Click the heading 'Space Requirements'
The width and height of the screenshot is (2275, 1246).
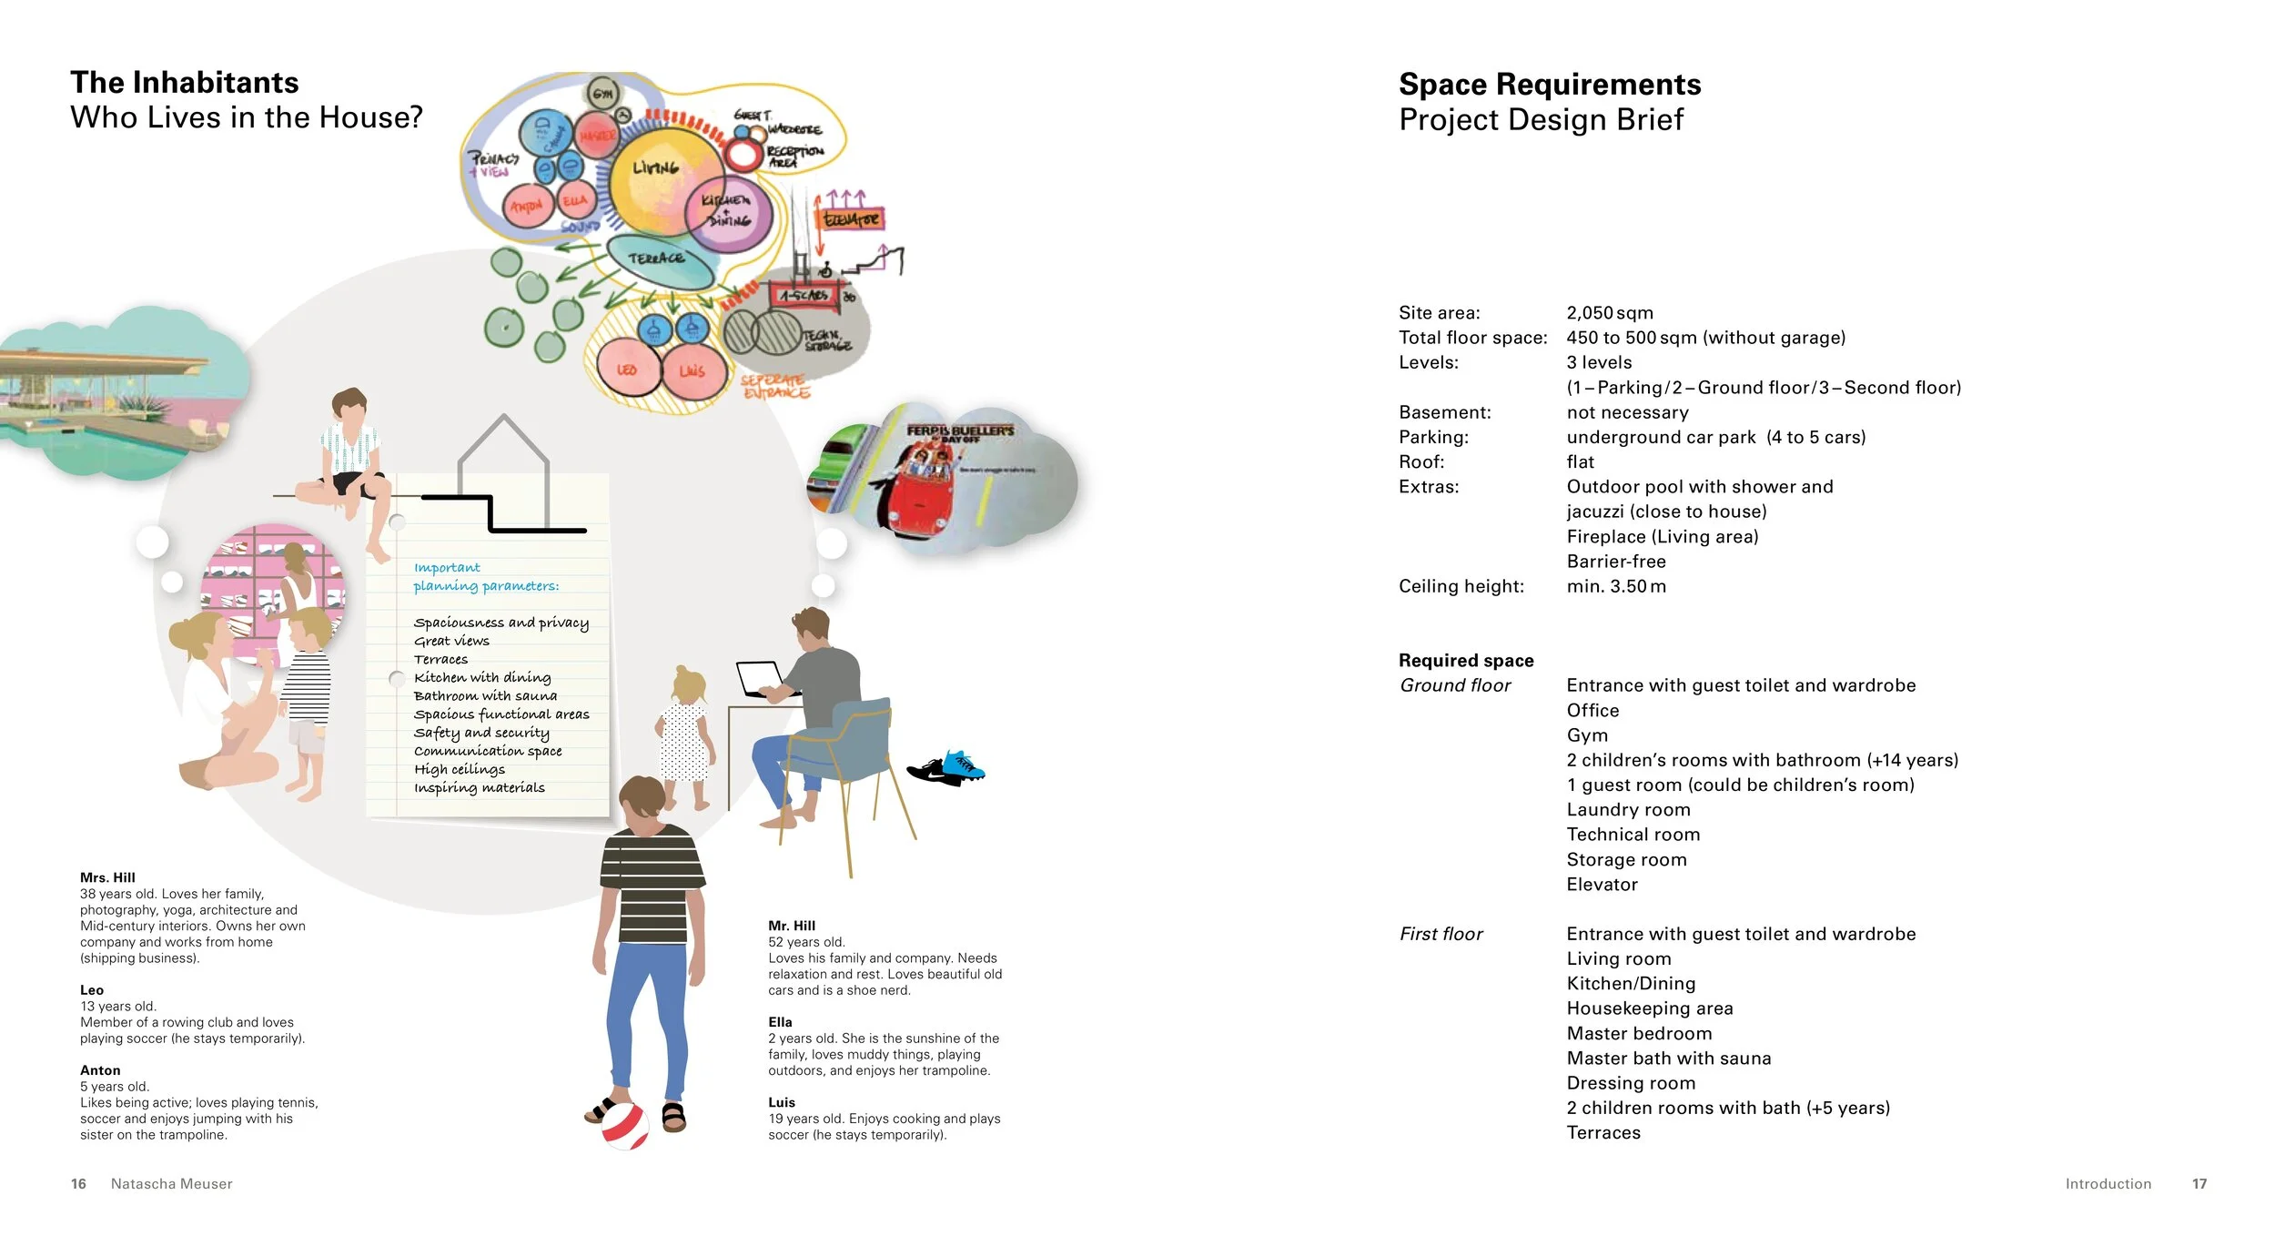point(1549,85)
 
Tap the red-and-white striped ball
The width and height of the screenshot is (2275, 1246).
point(625,1125)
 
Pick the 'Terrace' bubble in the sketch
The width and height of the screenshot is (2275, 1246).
point(657,258)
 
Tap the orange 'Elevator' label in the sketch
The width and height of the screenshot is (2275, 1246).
point(852,219)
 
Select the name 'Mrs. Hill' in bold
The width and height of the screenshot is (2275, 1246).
point(107,877)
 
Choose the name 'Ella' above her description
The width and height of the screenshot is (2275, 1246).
point(780,1022)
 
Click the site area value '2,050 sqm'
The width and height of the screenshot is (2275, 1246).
point(1609,313)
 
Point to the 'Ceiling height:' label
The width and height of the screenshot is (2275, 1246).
point(1461,586)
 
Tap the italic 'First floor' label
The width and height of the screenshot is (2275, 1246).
point(1441,934)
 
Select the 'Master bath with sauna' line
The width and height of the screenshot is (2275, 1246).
point(1668,1059)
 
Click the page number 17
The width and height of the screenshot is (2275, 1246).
point(2199,1184)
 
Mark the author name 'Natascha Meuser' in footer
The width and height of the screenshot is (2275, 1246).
point(171,1184)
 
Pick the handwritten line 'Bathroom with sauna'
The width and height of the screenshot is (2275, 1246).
point(485,696)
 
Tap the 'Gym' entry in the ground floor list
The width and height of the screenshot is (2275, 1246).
point(1587,735)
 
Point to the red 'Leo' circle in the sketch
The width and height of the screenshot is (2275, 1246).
point(626,370)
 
